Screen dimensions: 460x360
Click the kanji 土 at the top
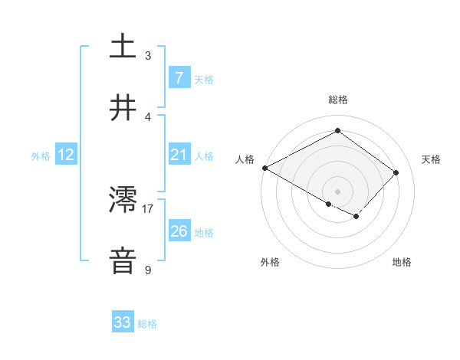[x=123, y=46]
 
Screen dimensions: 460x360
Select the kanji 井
[x=123, y=108]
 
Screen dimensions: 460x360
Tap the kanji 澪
[x=123, y=201]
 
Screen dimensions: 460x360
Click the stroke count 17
[x=148, y=208]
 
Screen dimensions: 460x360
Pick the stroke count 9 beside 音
[x=148, y=270]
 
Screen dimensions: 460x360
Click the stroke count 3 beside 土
[x=148, y=55]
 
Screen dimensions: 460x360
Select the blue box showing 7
[x=179, y=77]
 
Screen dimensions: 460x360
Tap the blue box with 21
[x=179, y=155]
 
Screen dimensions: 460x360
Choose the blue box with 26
[x=179, y=231]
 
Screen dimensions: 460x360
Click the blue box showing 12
[x=66, y=155]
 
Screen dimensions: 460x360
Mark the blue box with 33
[x=123, y=322]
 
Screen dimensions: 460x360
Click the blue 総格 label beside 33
[x=148, y=324]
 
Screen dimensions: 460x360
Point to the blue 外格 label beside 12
[x=41, y=156]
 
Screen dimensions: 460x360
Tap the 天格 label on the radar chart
[x=431, y=159]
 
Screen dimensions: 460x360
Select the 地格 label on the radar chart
[x=402, y=262]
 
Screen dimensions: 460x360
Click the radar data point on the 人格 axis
[x=264, y=168]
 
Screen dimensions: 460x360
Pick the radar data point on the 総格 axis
[x=337, y=131]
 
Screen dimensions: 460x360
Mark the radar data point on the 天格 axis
[x=396, y=172]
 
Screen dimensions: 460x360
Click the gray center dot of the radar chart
[x=337, y=191]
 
